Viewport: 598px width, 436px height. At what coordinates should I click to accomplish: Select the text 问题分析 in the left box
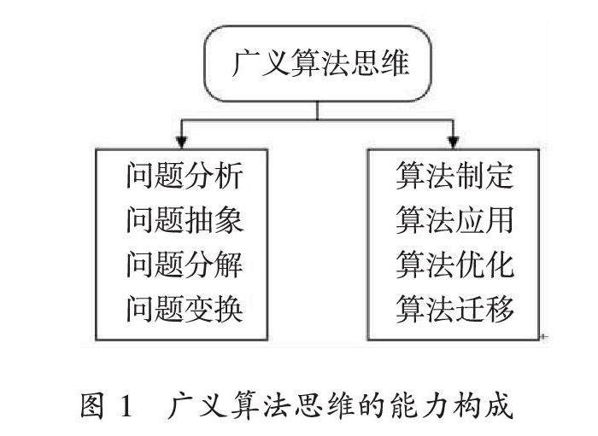(x=185, y=177)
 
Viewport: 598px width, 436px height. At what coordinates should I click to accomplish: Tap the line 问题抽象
(x=185, y=221)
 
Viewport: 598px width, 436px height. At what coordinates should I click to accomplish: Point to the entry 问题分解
(x=185, y=265)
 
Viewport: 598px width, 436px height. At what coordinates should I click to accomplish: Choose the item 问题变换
(x=185, y=308)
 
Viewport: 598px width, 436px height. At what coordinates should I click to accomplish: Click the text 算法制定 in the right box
(x=454, y=177)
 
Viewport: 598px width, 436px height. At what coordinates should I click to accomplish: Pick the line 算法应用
(x=454, y=221)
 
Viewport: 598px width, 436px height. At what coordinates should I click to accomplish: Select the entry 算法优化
(x=454, y=265)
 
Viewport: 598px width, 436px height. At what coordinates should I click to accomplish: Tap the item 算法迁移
(x=454, y=308)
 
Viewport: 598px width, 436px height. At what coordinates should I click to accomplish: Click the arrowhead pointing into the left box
(x=180, y=139)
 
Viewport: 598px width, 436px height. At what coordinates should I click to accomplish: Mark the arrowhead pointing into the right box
(x=454, y=139)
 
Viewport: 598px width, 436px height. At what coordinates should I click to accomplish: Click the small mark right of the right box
(x=544, y=338)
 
